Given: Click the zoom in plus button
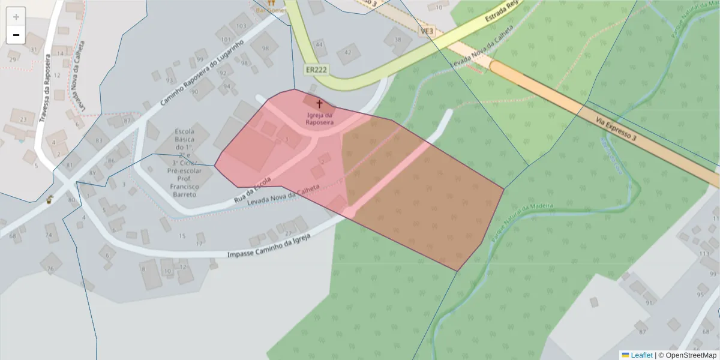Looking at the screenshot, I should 16,17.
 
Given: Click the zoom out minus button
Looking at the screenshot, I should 16,35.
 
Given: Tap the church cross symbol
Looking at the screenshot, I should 319,104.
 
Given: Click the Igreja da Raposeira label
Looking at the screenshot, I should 319,118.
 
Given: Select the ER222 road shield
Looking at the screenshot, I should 316,70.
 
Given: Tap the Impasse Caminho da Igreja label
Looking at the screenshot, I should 268,246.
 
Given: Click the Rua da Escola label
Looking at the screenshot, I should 252,190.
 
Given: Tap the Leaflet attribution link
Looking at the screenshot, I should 641,355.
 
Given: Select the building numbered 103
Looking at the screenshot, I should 241,26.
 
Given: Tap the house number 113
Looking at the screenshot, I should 704,254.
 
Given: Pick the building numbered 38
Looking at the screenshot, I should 397,40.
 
